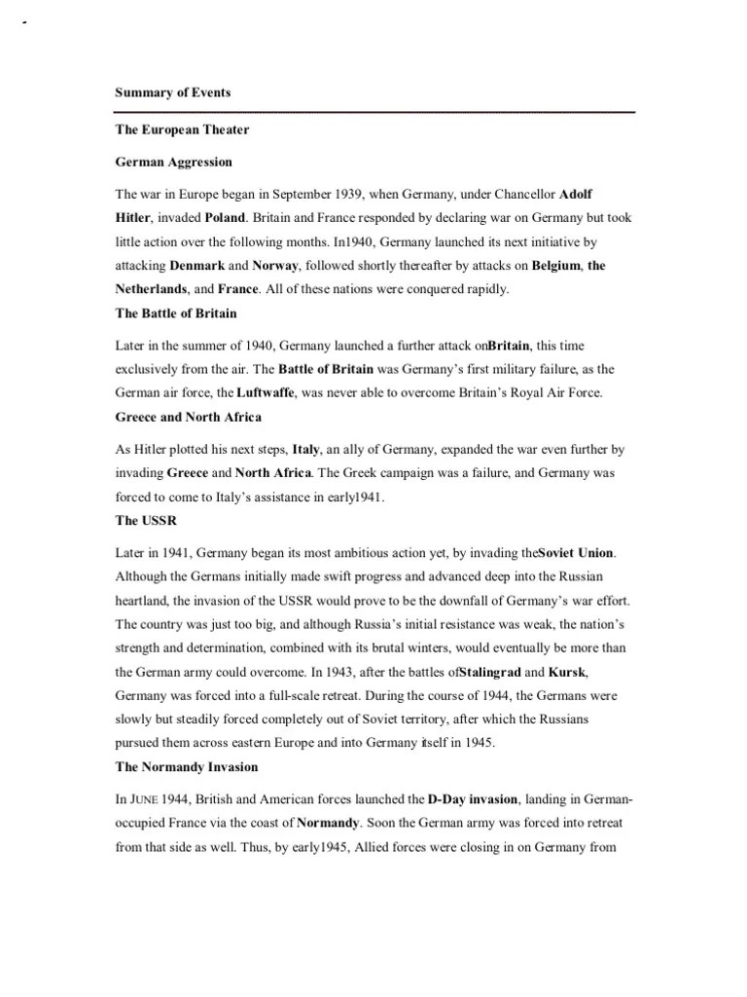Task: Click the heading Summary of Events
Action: (x=173, y=92)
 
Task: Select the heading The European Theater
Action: (x=182, y=129)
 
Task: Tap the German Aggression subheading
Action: (x=174, y=161)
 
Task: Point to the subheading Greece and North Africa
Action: (x=188, y=418)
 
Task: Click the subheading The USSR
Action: (x=146, y=521)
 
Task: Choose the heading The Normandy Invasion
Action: (x=187, y=768)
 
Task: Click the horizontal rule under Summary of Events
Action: (x=374, y=112)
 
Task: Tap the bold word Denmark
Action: (x=197, y=266)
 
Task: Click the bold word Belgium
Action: (x=555, y=266)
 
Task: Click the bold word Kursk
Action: (x=568, y=673)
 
